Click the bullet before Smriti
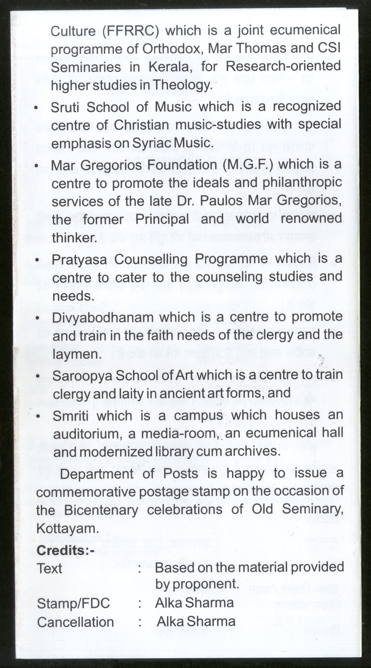pos(39,417)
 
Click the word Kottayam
pos(67,528)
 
